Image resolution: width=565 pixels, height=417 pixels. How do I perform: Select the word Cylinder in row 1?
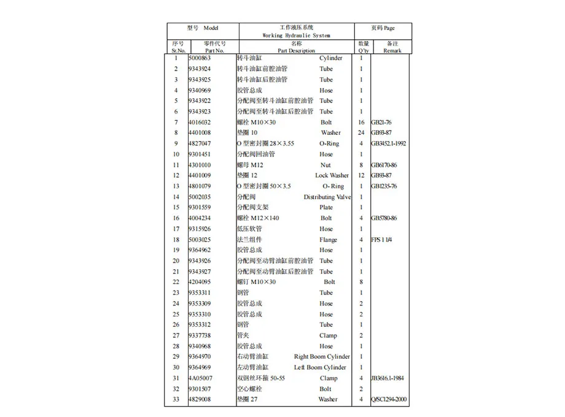click(331, 58)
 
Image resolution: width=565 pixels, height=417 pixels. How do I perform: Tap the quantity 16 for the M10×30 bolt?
click(361, 122)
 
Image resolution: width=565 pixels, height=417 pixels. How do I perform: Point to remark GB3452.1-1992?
click(388, 143)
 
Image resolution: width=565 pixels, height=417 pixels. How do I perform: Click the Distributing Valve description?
click(327, 197)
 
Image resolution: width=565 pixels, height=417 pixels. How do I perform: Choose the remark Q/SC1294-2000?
click(388, 400)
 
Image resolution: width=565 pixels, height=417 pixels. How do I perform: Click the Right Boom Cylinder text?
click(322, 357)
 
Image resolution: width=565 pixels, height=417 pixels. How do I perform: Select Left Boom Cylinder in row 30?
click(322, 367)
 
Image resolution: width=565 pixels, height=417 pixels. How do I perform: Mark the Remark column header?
click(392, 51)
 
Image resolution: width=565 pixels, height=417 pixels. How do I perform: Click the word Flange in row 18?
click(328, 240)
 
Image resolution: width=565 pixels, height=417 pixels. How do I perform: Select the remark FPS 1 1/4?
click(381, 240)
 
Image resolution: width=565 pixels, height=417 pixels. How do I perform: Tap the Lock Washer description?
click(332, 175)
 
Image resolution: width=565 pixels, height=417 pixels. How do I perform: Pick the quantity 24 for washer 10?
click(361, 132)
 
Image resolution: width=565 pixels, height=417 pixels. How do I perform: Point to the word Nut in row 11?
click(325, 165)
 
